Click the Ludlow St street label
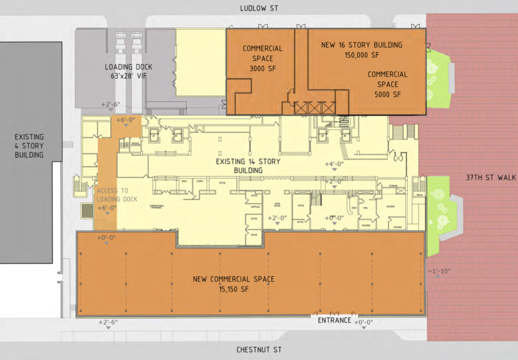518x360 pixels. click(258, 8)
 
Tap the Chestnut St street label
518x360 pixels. click(259, 350)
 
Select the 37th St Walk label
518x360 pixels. click(490, 177)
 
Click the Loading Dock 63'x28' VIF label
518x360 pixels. click(128, 71)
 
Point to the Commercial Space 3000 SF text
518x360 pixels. click(262, 58)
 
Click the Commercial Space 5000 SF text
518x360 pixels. click(387, 84)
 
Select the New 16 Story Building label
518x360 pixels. click(362, 50)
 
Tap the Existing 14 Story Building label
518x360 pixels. click(247, 166)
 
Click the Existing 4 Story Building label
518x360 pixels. click(29, 146)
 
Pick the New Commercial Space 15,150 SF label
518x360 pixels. click(234, 284)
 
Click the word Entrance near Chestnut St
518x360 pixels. click(334, 321)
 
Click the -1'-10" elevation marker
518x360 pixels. click(439, 271)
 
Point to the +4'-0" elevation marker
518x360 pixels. click(334, 164)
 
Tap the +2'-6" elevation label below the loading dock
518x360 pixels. click(110, 104)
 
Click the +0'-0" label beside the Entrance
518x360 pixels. click(364, 323)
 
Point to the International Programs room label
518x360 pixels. click(157, 207)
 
